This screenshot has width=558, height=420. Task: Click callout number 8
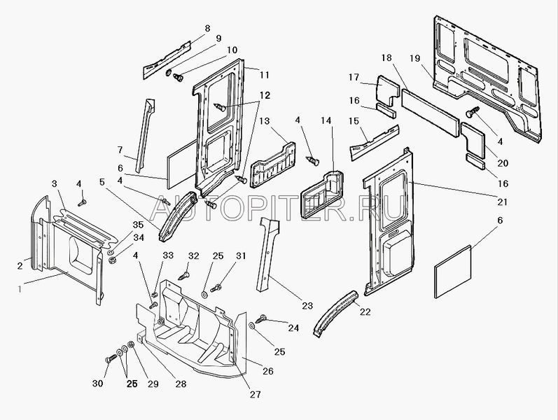click(207, 28)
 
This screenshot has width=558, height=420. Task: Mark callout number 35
click(137, 225)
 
